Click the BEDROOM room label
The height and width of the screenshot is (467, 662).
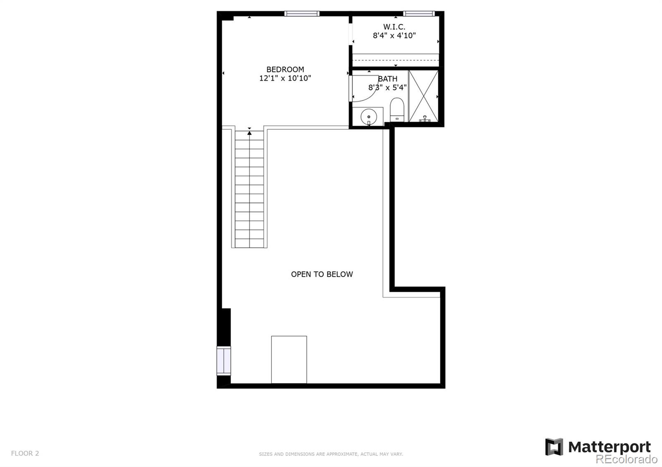(285, 69)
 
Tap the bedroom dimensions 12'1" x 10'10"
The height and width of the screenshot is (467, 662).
(285, 78)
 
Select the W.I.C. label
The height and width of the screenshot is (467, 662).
(394, 27)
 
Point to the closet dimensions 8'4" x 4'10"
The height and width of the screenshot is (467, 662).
(394, 36)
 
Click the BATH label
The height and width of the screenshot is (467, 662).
(388, 79)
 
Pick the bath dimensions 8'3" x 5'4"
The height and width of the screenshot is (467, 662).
(388, 87)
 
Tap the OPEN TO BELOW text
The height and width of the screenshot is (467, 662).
(322, 274)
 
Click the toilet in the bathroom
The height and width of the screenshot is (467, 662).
(397, 110)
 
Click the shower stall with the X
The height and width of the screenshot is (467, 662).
(423, 96)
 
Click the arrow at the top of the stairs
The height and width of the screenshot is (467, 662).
(249, 133)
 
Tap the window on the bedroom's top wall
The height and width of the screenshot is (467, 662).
(302, 14)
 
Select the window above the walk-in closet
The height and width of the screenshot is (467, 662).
(419, 14)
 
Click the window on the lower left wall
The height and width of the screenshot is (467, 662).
(224, 360)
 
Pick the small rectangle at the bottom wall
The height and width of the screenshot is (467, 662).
(289, 360)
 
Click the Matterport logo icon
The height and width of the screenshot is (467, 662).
(554, 447)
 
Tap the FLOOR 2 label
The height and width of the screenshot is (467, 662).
(25, 453)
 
